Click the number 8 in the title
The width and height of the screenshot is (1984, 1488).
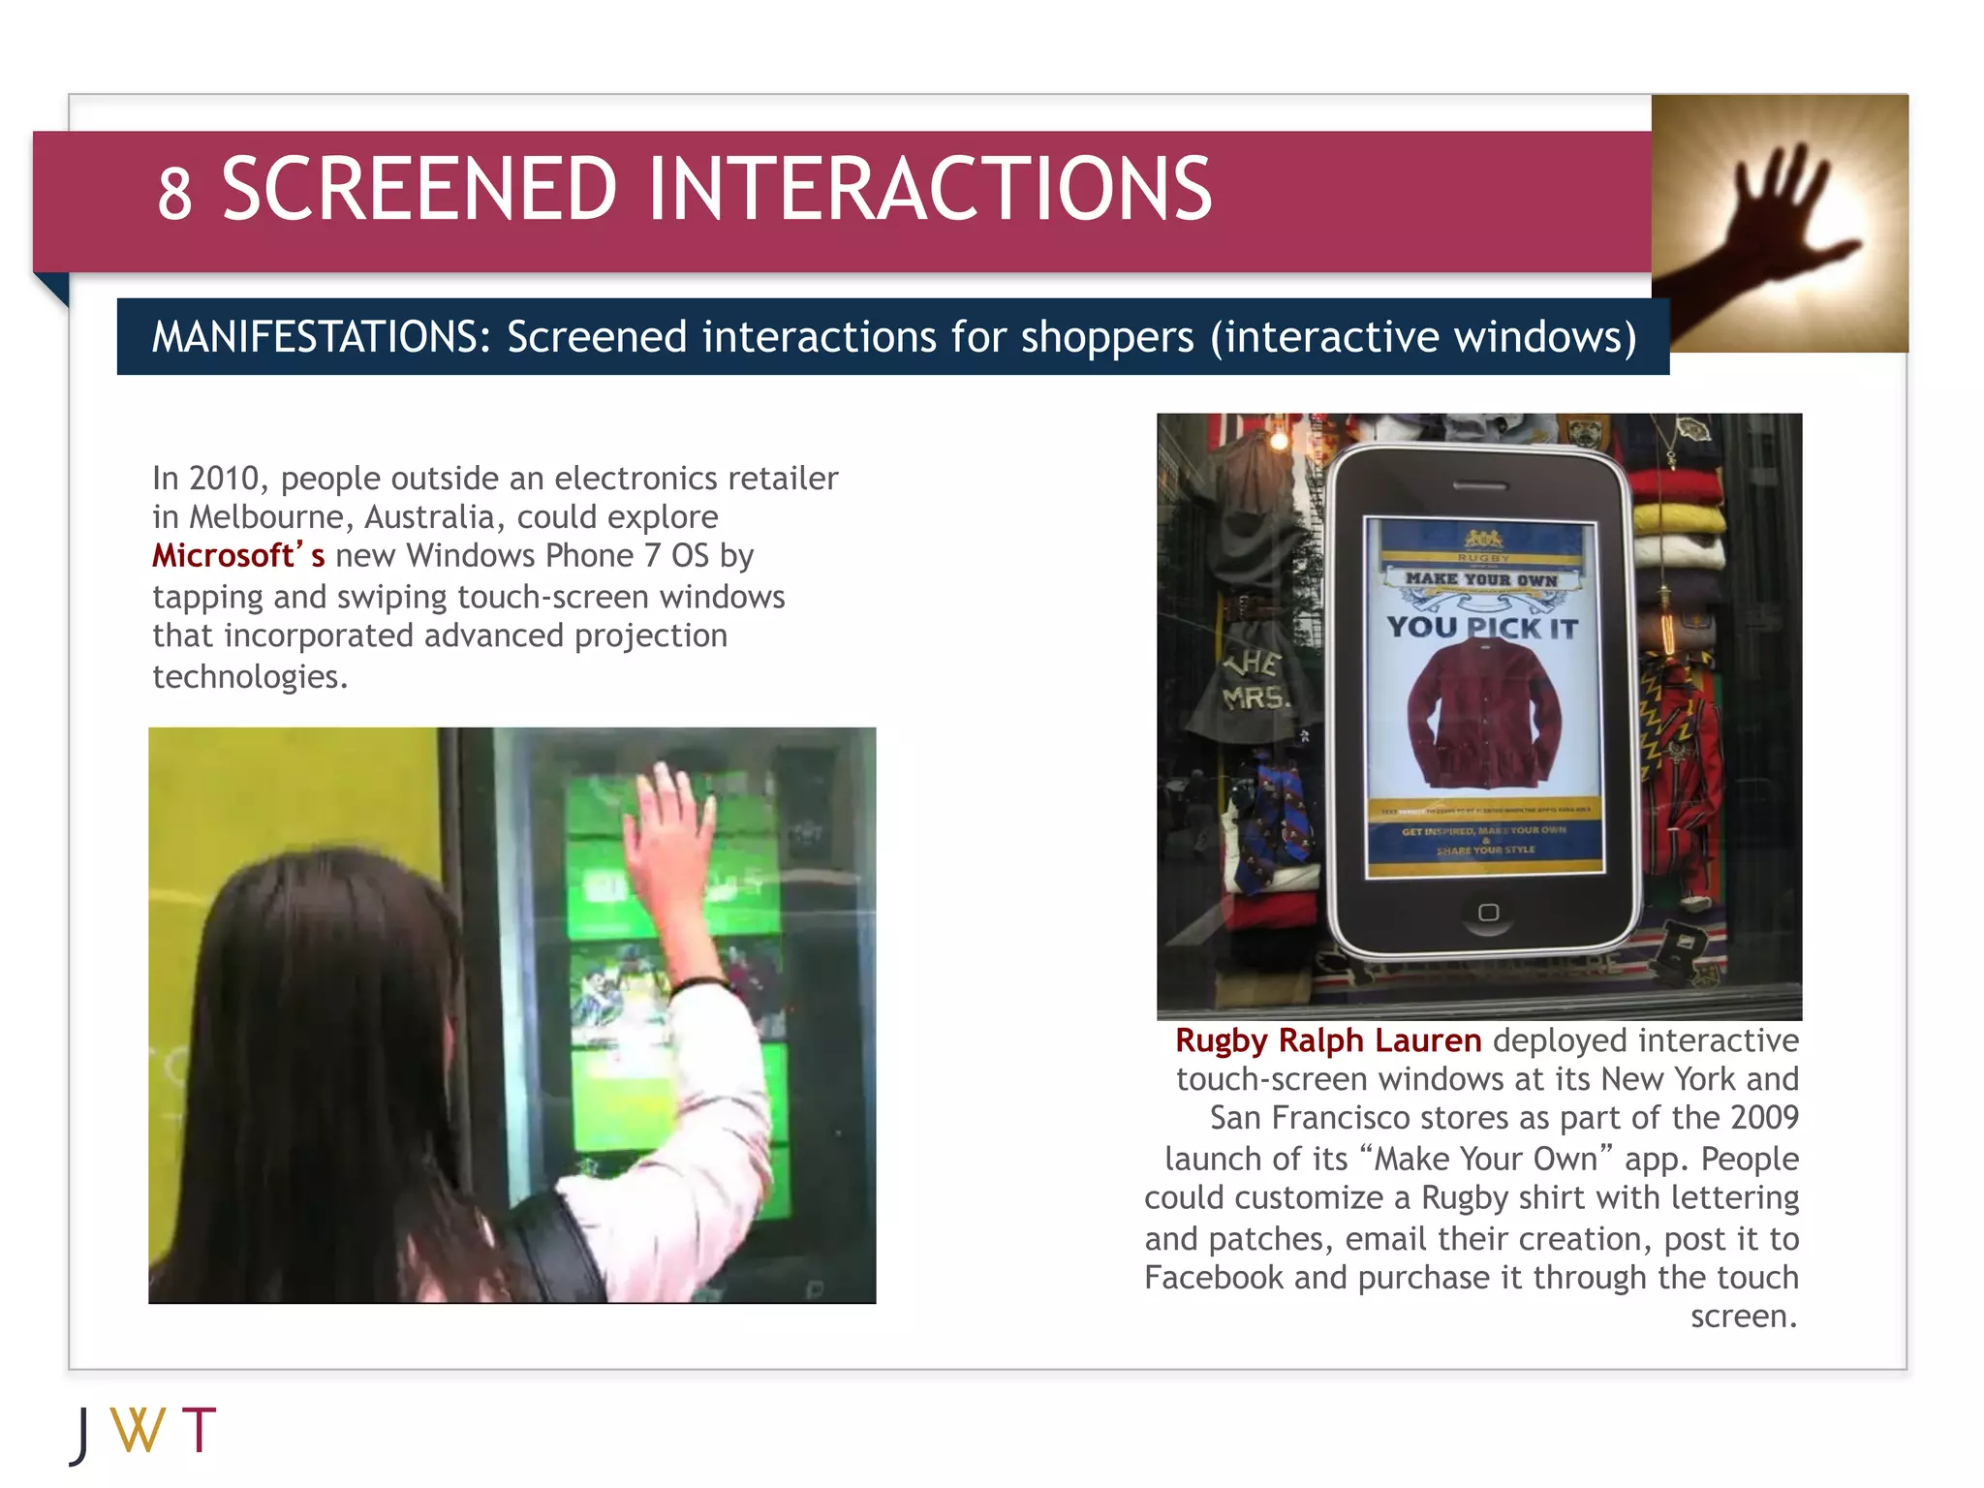click(x=174, y=193)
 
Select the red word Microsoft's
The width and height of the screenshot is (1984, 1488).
click(x=238, y=556)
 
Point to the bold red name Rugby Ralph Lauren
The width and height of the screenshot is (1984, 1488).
click(x=1327, y=1040)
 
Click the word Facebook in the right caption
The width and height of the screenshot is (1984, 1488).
click(x=1215, y=1278)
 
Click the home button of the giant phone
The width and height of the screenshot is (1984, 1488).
click(x=1488, y=913)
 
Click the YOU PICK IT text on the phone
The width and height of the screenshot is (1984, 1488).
click(x=1481, y=628)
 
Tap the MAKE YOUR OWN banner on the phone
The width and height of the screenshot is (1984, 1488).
click(x=1481, y=579)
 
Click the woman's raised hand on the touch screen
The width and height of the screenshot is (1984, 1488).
click(x=667, y=833)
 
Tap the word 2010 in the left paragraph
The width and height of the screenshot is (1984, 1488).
click(x=227, y=479)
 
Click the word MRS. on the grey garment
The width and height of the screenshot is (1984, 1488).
click(x=1255, y=697)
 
